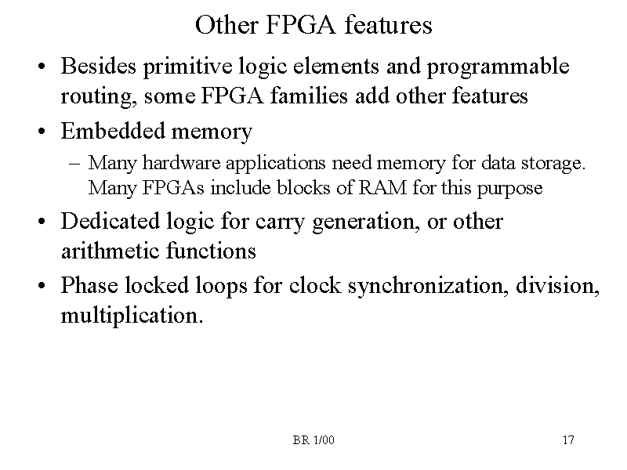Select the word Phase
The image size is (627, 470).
[x=88, y=285]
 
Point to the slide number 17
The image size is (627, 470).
[x=568, y=440]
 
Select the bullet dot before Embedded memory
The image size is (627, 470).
[x=38, y=132]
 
